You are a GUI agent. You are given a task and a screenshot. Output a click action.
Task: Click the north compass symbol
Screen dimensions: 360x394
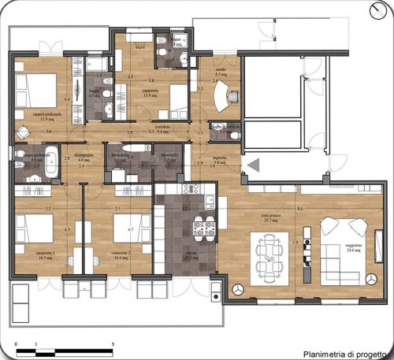pos(381,10)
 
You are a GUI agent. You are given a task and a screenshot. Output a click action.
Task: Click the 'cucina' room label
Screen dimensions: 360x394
pos(191,257)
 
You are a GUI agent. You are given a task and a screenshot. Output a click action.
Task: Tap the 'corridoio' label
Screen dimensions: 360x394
pos(163,127)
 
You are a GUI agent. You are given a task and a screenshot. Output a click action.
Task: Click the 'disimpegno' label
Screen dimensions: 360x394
pos(84,155)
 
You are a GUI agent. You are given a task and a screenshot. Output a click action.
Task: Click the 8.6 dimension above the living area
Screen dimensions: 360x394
pos(300,208)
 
